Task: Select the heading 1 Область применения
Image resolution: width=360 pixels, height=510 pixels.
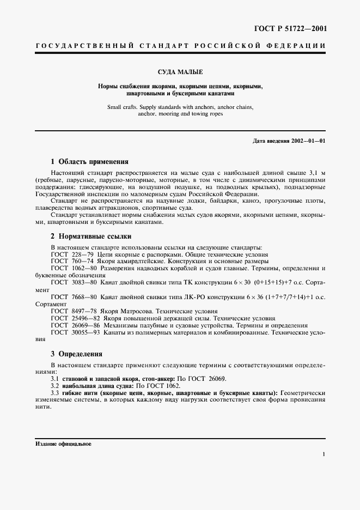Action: [89, 161]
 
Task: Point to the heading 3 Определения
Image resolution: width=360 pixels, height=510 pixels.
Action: [76, 354]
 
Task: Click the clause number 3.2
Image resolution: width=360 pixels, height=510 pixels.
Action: [55, 385]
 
